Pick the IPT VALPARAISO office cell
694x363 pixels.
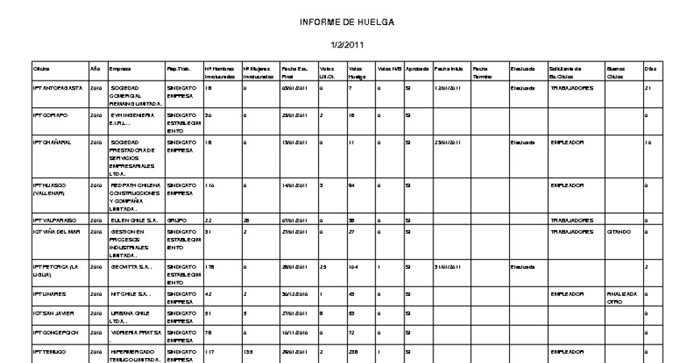point(53,219)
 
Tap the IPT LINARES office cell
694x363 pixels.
point(48,294)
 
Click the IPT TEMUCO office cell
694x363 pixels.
point(48,352)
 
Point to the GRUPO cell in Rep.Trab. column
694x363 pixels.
point(177,219)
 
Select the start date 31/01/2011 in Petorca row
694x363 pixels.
point(447,265)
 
